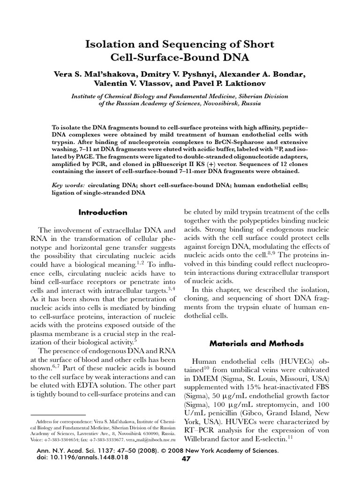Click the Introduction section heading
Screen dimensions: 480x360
103,212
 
